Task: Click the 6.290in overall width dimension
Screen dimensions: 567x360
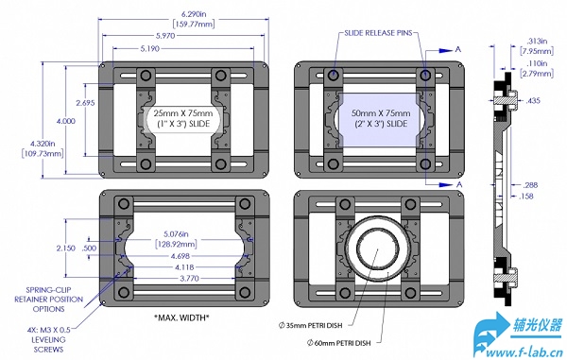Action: coord(194,14)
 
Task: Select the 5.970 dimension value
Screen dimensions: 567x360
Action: coord(165,36)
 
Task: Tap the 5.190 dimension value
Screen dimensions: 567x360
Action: coord(149,48)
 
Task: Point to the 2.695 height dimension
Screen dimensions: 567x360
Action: coord(85,103)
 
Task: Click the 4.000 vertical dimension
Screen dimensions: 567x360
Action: coord(66,121)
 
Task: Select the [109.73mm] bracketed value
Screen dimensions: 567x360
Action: coord(43,153)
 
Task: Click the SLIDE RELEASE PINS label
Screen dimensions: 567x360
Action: coord(378,33)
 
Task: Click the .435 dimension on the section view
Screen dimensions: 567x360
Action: coord(533,100)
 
